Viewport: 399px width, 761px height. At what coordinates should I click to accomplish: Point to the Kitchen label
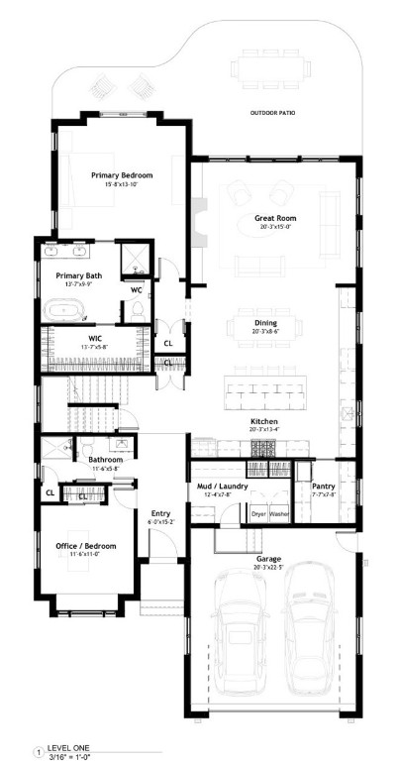click(x=263, y=422)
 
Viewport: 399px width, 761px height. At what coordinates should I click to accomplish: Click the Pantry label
click(x=324, y=487)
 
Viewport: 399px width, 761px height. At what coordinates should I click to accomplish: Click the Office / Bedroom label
click(x=85, y=546)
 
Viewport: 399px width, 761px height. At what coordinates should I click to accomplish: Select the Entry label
click(x=160, y=486)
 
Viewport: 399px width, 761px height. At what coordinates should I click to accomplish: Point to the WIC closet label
click(x=96, y=338)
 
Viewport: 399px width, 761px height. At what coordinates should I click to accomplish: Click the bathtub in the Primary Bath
click(x=67, y=309)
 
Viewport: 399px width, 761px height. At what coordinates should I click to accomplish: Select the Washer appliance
click(x=278, y=514)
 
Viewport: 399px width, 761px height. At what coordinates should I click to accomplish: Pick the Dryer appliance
click(x=257, y=514)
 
